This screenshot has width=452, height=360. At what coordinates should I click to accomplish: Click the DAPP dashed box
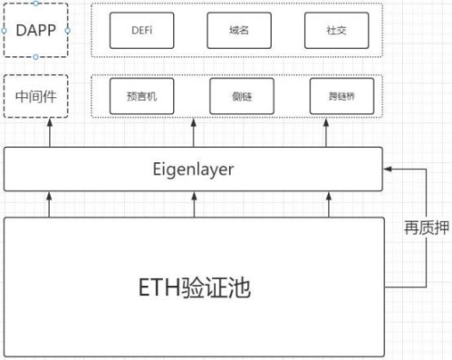pos(35,30)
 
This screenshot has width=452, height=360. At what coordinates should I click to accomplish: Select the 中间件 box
pos(35,94)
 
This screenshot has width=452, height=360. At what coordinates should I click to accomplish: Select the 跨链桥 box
pos(335,96)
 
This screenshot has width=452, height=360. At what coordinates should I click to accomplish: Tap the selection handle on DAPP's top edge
pos(35,3)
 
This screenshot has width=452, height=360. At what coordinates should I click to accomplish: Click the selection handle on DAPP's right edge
pos(69,30)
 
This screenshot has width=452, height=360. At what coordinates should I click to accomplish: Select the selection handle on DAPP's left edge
pos(3,30)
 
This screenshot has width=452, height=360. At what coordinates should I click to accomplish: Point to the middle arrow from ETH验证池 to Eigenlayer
pos(194,203)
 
